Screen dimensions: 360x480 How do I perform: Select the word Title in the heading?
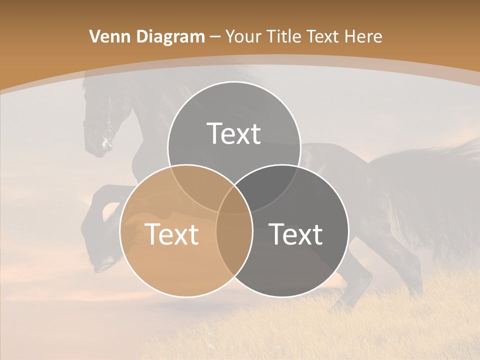(283, 36)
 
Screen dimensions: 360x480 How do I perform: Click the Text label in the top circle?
(233, 133)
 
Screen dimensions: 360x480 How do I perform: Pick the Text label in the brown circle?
(171, 234)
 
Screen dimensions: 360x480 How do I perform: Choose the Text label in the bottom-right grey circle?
(296, 234)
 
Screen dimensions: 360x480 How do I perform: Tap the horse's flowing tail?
(440, 190)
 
